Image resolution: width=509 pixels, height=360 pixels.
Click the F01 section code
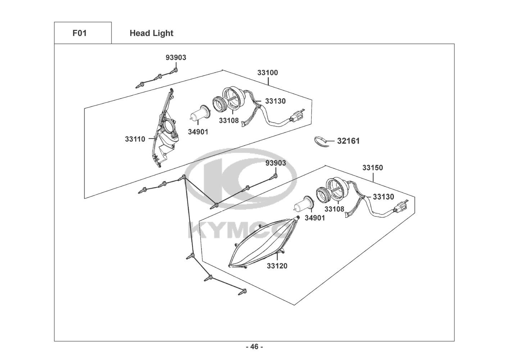pyautogui.click(x=79, y=33)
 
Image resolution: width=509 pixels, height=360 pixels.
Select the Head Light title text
pyautogui.click(x=151, y=33)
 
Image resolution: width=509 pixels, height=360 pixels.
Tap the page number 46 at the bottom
pyautogui.click(x=254, y=347)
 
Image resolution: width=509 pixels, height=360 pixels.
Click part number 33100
pyautogui.click(x=267, y=73)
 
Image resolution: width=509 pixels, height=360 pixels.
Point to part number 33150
pyautogui.click(x=373, y=168)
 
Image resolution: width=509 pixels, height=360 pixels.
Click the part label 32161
pyautogui.click(x=348, y=141)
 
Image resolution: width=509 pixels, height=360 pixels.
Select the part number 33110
pyautogui.click(x=135, y=139)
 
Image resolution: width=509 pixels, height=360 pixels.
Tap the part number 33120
pyautogui.click(x=277, y=266)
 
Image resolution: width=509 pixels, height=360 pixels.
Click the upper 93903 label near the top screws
pyautogui.click(x=176, y=58)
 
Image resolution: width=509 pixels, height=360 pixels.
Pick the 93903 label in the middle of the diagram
pyautogui.click(x=276, y=163)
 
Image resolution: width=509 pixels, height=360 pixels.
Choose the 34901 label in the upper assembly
pyautogui.click(x=198, y=132)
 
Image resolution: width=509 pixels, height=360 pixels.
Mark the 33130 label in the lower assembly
pyautogui.click(x=383, y=197)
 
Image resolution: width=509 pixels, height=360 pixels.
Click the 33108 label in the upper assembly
pyautogui.click(x=229, y=121)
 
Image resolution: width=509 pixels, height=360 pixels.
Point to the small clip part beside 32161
pyautogui.click(x=321, y=141)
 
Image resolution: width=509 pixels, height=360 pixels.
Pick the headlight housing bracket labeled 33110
pyautogui.click(x=164, y=130)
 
